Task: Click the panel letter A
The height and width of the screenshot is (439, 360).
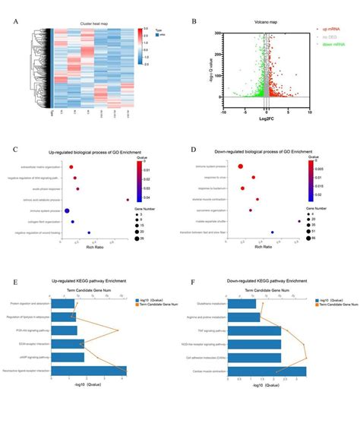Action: tap(17, 21)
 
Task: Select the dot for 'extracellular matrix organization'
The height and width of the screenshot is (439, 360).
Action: tap(71, 166)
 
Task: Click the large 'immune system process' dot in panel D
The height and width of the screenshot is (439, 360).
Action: tap(241, 166)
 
